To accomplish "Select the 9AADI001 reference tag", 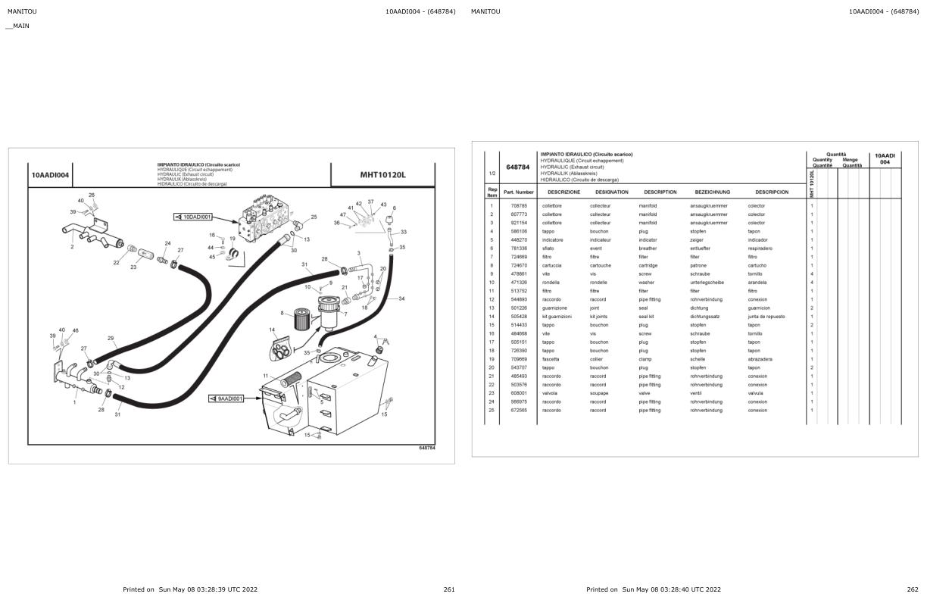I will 229,398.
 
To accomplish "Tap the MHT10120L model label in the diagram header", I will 382,175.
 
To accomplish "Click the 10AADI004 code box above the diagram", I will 50,175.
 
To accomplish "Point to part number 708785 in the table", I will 519,206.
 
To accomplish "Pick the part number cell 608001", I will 519,393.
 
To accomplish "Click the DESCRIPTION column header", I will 660,192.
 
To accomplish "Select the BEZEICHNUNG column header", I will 712,192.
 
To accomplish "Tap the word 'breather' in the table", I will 648,248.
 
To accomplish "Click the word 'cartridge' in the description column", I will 648,266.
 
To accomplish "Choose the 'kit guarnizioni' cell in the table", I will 557,317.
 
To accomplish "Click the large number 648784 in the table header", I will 517,167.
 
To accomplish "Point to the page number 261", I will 449,589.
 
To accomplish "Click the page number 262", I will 913,589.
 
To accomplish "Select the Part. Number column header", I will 519,192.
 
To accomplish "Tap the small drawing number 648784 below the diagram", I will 426,448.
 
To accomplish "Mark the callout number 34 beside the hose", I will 401,298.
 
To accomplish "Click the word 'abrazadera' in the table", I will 760,359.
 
